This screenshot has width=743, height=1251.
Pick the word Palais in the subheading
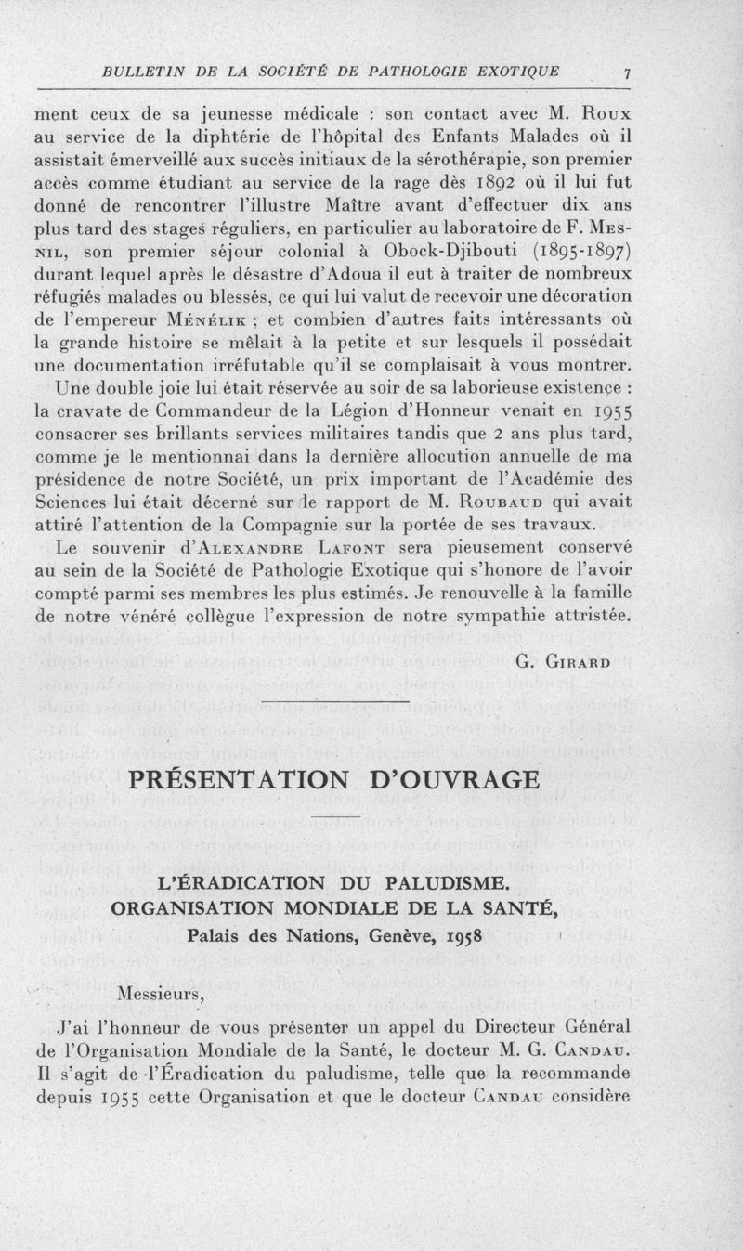coord(217,933)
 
